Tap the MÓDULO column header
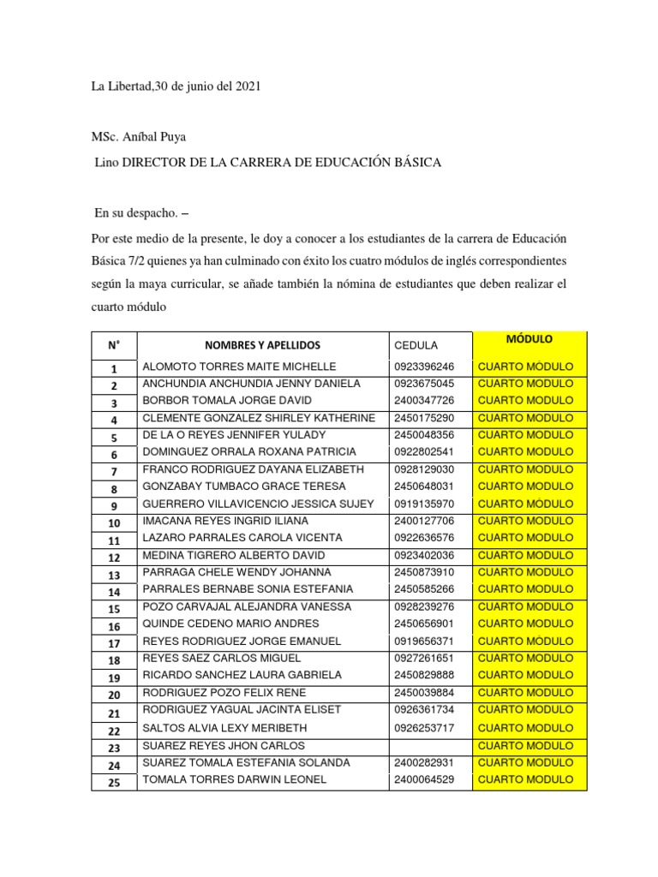click(529, 339)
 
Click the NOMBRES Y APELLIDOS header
click(262, 345)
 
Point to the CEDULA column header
click(416, 345)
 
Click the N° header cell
click(114, 345)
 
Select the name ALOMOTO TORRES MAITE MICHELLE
click(239, 367)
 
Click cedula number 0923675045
click(425, 384)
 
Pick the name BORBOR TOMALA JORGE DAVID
click(227, 401)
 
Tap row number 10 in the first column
click(114, 522)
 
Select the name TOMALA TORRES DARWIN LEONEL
click(234, 779)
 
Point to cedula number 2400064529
click(425, 779)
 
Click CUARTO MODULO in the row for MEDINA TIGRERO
click(525, 555)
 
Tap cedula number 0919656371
click(425, 641)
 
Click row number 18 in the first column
click(114, 659)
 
